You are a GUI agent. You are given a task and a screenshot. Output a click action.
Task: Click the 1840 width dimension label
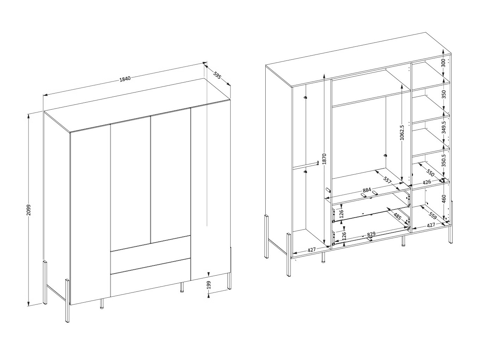[x=125, y=79]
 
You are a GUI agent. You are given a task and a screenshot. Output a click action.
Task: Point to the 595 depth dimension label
[x=217, y=75]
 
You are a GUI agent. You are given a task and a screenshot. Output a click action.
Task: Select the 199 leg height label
[x=208, y=285]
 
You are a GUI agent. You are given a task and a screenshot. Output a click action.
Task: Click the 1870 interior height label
[x=324, y=159]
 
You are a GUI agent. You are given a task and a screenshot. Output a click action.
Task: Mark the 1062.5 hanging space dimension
[x=402, y=132]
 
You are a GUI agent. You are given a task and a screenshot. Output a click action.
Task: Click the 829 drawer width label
[x=371, y=234]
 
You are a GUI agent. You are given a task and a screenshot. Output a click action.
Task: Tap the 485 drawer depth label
[x=397, y=217]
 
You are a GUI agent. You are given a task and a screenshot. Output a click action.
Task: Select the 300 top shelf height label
[x=443, y=63]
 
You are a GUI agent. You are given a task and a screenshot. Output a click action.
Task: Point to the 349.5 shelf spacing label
[x=443, y=127]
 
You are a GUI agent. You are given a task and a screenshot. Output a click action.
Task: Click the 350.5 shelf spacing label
[x=443, y=160]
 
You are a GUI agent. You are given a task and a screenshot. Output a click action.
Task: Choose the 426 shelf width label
[x=427, y=182]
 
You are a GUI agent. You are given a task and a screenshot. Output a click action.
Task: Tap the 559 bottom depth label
[x=432, y=216]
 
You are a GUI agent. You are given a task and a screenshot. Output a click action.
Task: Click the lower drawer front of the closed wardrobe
[x=150, y=277]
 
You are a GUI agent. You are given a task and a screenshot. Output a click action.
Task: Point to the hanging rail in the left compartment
[x=306, y=165]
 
